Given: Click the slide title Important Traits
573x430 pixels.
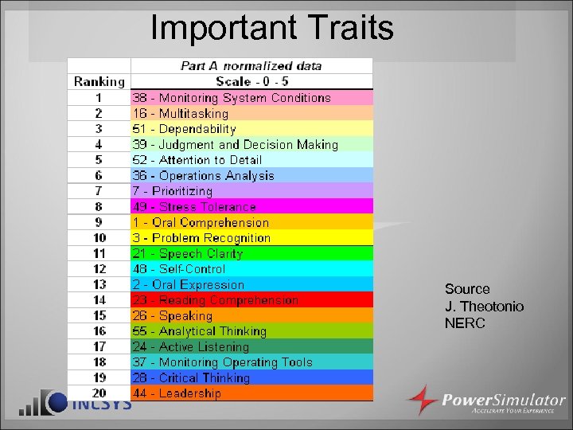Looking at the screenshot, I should [272, 28].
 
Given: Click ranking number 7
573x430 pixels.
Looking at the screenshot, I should [99, 191].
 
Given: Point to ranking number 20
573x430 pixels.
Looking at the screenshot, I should [99, 393].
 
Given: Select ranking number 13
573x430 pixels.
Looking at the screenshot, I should [99, 284].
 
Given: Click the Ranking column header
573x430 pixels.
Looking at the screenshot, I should [99, 81].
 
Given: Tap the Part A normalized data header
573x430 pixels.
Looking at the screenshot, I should [251, 65].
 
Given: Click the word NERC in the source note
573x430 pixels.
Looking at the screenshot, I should [465, 323].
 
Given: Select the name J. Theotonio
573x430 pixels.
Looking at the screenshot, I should [484, 307].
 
